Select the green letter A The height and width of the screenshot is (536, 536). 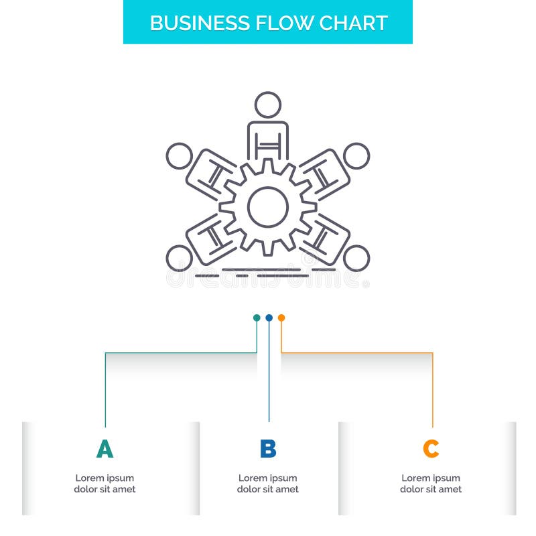point(105,449)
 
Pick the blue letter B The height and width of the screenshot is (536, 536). point(268,449)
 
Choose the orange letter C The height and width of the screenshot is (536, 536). point(431,449)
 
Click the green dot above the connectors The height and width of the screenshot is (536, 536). point(257,318)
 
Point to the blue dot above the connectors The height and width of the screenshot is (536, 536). point(269,318)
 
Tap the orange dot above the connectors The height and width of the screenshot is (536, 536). point(281,318)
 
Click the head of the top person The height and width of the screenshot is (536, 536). point(268,105)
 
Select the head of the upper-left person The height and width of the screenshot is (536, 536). point(179,156)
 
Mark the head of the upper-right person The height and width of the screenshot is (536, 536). point(356,156)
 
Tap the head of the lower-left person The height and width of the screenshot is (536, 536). point(179,258)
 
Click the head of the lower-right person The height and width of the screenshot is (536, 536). point(356,258)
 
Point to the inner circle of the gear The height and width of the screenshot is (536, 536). point(268,207)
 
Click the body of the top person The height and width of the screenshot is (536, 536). point(268,141)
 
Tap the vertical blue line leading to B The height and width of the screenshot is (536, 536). point(269,375)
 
